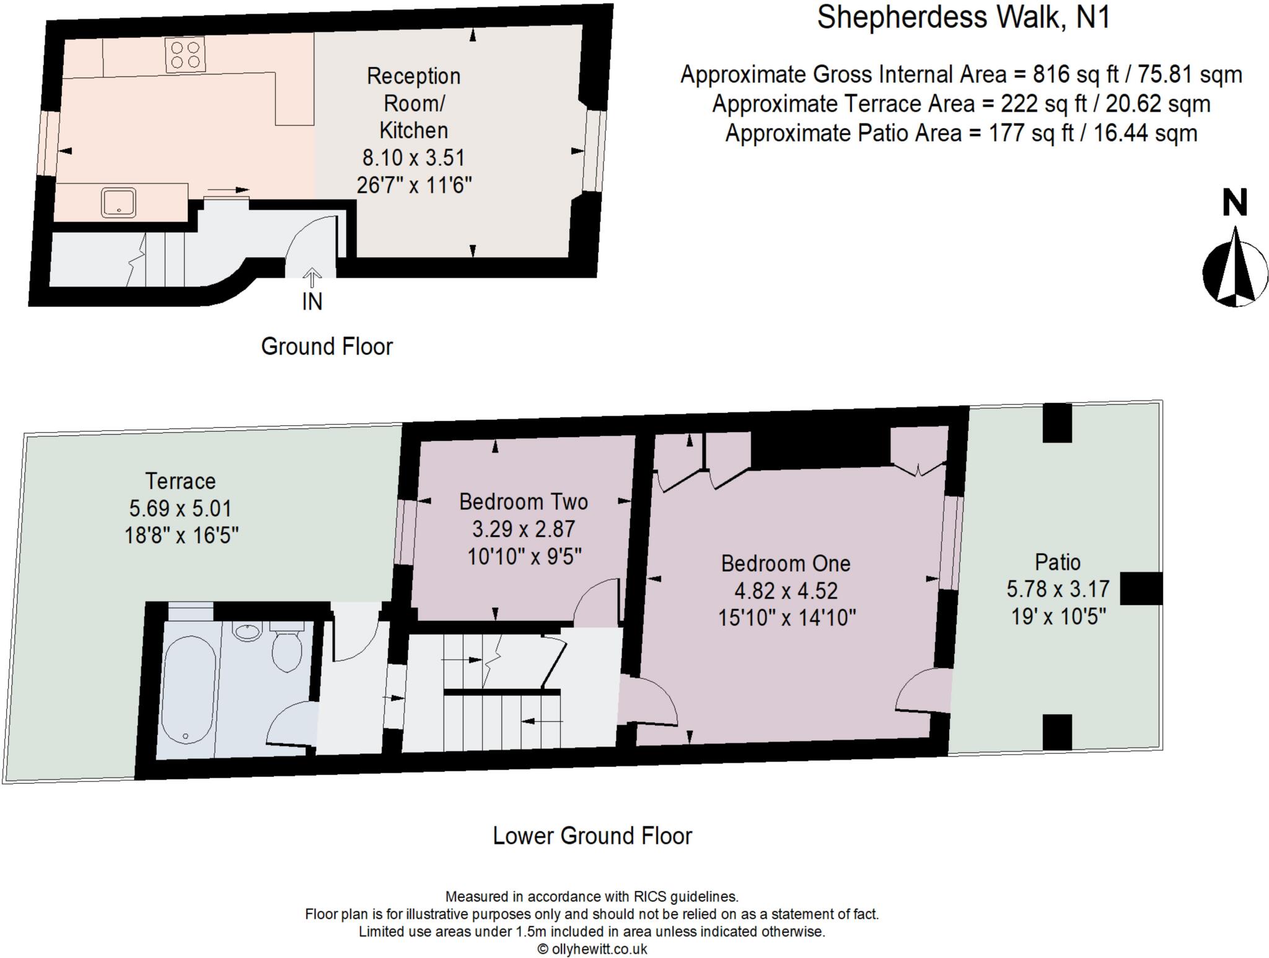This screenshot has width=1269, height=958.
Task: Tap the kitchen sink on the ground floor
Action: pyautogui.click(x=118, y=203)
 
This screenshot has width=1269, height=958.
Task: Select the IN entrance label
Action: pyautogui.click(x=312, y=301)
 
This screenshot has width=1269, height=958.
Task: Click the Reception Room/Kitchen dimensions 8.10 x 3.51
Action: pyautogui.click(x=413, y=158)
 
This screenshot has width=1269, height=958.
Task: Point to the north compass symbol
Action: pyautogui.click(x=1235, y=267)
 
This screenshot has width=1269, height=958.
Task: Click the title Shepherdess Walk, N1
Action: pyautogui.click(x=963, y=17)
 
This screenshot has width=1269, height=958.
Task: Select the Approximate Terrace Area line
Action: pyautogui.click(x=961, y=104)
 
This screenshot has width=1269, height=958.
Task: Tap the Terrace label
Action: pyautogui.click(x=180, y=481)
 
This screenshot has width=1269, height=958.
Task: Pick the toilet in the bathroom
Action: pyautogui.click(x=286, y=647)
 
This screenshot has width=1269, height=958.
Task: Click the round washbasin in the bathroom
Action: pyautogui.click(x=248, y=631)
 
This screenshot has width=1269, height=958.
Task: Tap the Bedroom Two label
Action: pyautogui.click(x=524, y=502)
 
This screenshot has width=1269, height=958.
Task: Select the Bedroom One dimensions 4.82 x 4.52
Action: pyautogui.click(x=786, y=591)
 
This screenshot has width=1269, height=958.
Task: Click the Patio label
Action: pyautogui.click(x=1058, y=562)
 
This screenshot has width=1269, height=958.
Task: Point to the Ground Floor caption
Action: pyautogui.click(x=327, y=347)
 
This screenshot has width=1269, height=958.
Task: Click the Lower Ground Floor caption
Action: pyautogui.click(x=592, y=836)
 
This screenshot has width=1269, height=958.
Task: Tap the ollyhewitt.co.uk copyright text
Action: pyautogui.click(x=592, y=949)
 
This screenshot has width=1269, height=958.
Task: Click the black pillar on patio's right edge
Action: pyautogui.click(x=1141, y=588)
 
